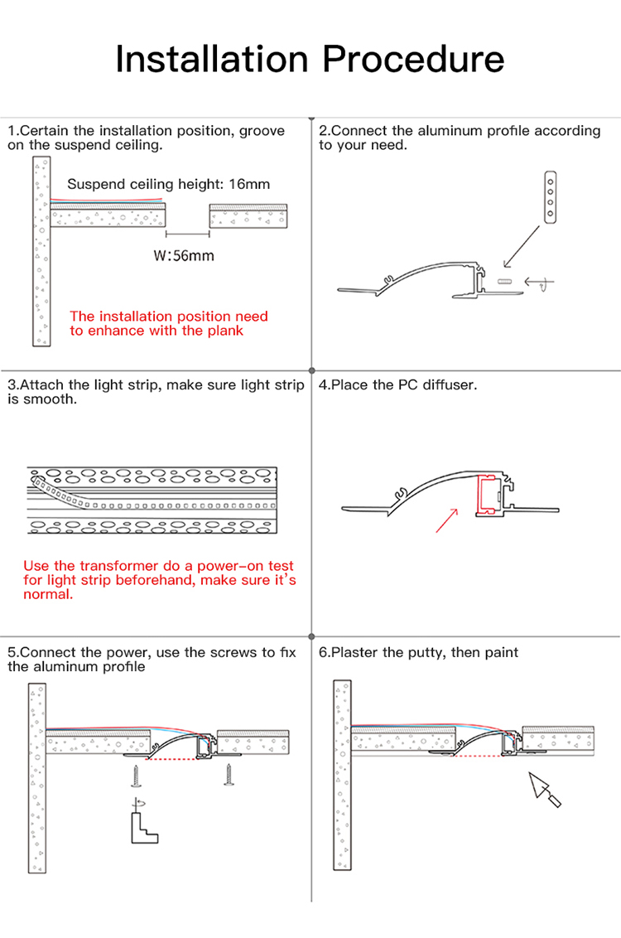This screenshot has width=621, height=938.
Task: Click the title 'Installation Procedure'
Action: (x=310, y=59)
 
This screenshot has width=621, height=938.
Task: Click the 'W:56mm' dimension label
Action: (x=184, y=255)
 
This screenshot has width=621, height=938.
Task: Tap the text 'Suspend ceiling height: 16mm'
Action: (x=168, y=184)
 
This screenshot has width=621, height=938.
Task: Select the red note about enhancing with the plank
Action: (x=169, y=323)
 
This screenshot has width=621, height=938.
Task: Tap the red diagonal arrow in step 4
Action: (x=446, y=519)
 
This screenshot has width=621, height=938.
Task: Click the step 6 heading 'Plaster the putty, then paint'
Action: (x=419, y=653)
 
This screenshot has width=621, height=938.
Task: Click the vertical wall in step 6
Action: (x=343, y=775)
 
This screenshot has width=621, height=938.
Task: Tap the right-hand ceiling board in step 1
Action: (x=248, y=217)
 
